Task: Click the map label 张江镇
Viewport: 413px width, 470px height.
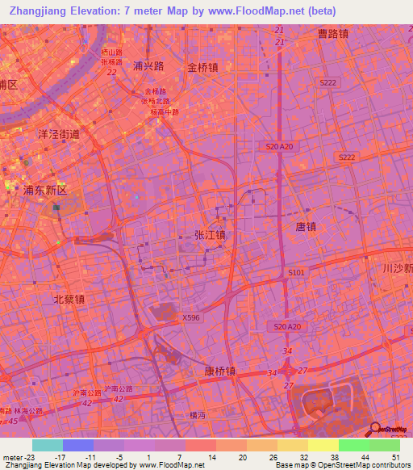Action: [210, 234]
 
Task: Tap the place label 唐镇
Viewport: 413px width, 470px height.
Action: [305, 228]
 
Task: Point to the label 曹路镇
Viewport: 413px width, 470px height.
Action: [332, 33]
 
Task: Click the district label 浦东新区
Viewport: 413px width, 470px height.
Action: [45, 191]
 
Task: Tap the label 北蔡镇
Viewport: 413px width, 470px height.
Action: [69, 299]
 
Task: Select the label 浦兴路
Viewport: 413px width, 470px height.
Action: [148, 66]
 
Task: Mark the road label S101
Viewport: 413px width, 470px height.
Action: [297, 273]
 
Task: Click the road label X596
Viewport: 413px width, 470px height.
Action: [191, 318]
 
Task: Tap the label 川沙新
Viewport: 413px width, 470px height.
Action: [398, 268]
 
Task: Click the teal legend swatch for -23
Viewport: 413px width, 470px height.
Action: [47, 445]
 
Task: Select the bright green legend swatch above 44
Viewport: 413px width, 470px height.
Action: [353, 445]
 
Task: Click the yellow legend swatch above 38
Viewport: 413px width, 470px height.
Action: [323, 445]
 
